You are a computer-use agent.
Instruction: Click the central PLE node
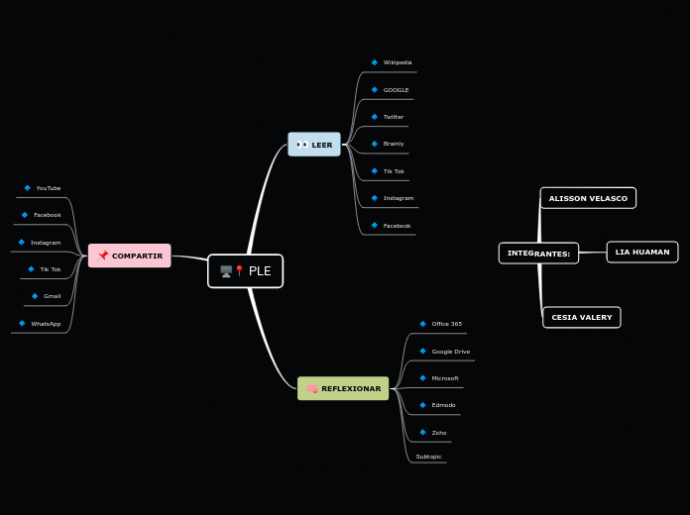(x=245, y=271)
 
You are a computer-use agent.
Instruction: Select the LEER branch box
(x=314, y=145)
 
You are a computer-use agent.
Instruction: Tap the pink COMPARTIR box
(x=130, y=256)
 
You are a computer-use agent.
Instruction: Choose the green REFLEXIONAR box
(x=343, y=388)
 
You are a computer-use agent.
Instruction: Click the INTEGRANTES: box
(x=538, y=254)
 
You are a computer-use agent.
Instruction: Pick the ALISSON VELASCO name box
(x=588, y=198)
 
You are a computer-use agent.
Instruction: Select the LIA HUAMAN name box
(x=641, y=252)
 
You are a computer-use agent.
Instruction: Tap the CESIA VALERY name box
(x=581, y=317)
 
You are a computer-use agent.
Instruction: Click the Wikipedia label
(x=398, y=62)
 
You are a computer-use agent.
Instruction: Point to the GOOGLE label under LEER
(x=396, y=90)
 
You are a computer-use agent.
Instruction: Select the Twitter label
(x=394, y=117)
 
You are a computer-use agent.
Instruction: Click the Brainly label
(x=394, y=144)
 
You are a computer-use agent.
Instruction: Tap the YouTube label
(x=49, y=188)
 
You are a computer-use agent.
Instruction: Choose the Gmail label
(x=53, y=296)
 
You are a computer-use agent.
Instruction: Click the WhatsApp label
(x=46, y=324)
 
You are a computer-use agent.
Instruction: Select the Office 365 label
(x=446, y=324)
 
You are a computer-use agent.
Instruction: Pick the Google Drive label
(x=451, y=352)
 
